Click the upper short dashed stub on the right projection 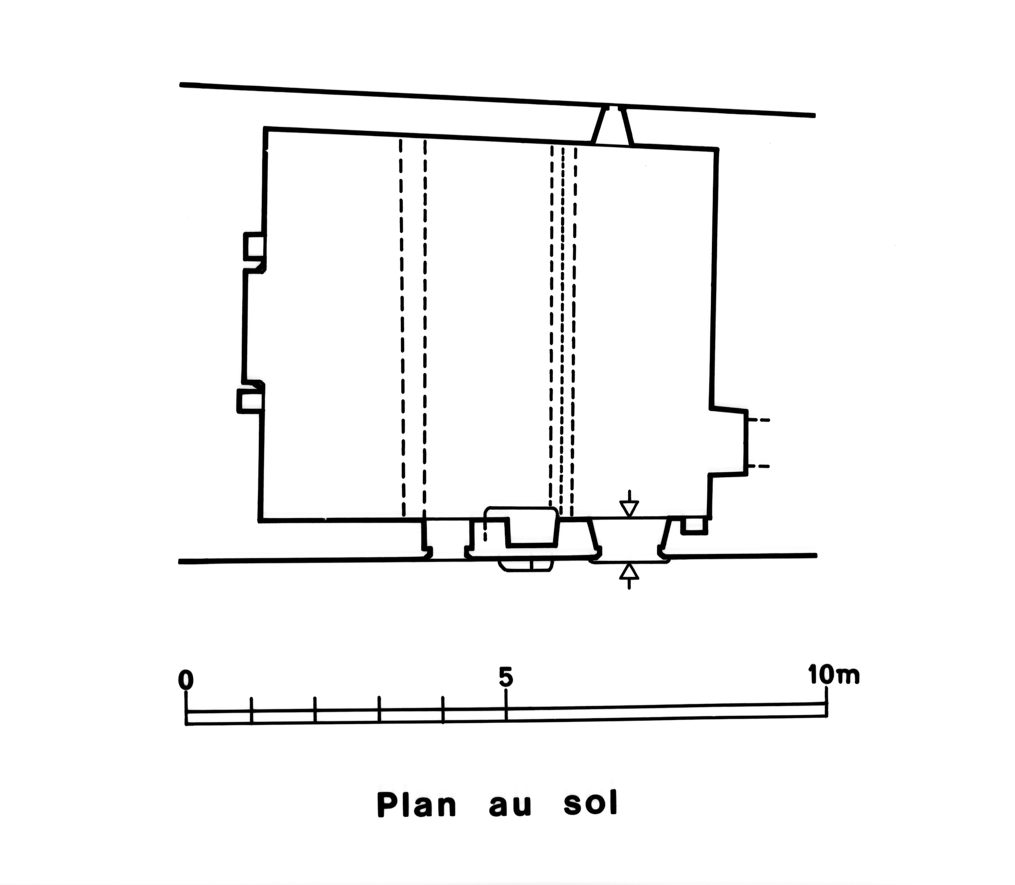coord(758,420)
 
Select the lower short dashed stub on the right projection coord(758,466)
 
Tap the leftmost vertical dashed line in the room coord(402,328)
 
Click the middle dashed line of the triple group coord(562,331)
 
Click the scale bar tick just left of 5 coord(442,710)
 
